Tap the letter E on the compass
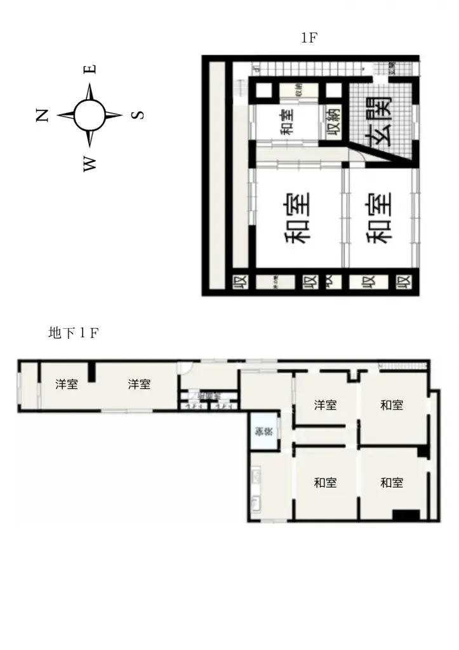[90, 69]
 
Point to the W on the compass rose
[90, 164]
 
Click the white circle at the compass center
[90, 116]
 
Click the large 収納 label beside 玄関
[336, 121]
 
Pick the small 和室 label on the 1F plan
[287, 122]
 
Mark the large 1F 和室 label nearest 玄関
[379, 218]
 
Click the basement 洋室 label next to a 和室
[326, 405]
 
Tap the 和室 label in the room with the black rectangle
[392, 483]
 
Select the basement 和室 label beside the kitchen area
[326, 483]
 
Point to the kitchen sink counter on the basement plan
[255, 489]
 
